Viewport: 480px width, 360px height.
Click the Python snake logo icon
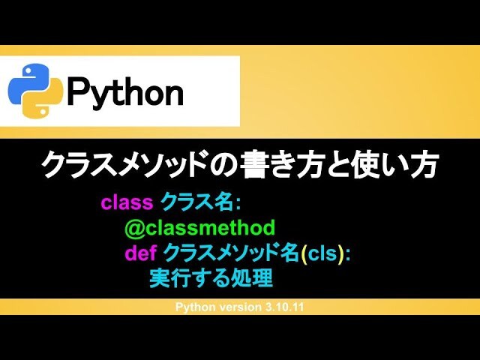point(36,91)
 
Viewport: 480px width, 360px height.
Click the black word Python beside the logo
point(125,92)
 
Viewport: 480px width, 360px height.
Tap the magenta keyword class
point(127,202)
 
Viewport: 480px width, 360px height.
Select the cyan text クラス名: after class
point(201,202)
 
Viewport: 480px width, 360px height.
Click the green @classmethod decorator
point(200,228)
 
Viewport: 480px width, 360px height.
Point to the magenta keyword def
point(141,253)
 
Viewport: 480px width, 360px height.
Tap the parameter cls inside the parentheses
point(322,253)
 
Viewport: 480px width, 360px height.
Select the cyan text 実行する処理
point(211,278)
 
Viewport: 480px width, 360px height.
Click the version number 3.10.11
point(283,307)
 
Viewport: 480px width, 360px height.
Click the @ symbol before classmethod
point(135,228)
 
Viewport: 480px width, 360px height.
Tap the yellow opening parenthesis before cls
point(303,253)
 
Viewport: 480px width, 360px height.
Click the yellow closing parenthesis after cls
point(340,253)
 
